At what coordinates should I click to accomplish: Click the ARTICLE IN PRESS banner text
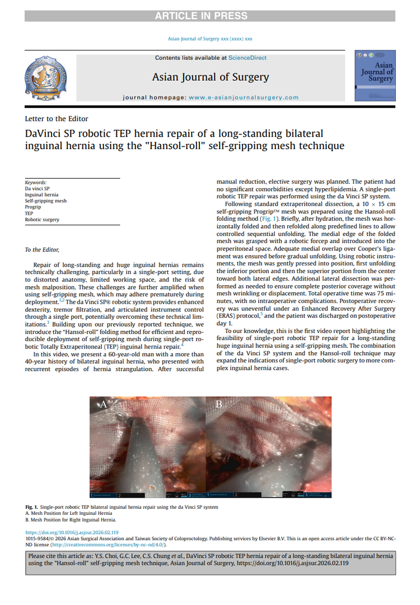pos(210,16)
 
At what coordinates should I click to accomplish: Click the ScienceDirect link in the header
pos(248,58)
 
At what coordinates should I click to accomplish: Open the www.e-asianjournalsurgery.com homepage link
pos(244,97)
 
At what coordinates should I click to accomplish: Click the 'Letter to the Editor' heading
pos(57,118)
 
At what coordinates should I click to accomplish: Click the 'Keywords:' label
pos(36,183)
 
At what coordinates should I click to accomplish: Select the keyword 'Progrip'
pos(33,207)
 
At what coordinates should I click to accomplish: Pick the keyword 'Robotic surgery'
pos(41,220)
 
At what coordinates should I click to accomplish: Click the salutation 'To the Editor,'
pos(42,249)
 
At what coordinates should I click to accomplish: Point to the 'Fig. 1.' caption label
pos(33,507)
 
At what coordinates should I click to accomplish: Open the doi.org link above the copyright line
pos(72,532)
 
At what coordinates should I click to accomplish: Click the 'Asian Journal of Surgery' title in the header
pos(211,77)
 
